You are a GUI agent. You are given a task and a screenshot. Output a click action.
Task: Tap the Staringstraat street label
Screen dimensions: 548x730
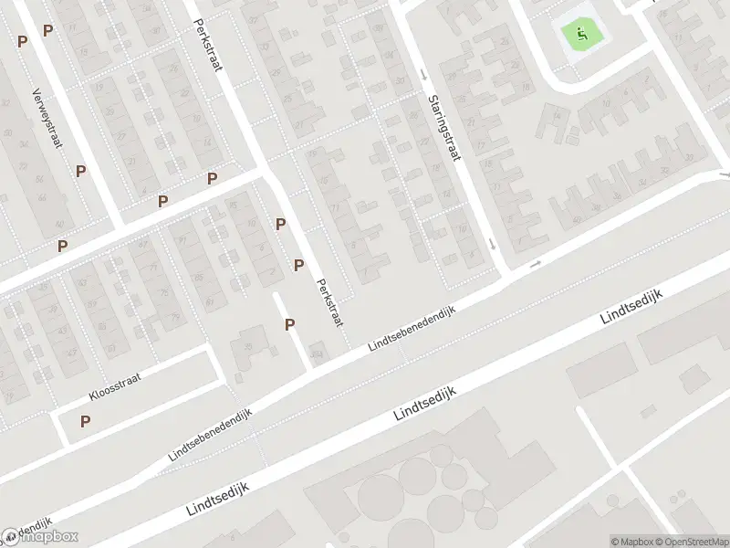point(443,128)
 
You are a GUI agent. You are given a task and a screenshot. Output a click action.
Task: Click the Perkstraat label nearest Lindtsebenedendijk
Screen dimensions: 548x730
point(329,302)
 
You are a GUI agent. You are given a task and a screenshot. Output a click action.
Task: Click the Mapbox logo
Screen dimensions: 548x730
point(40,537)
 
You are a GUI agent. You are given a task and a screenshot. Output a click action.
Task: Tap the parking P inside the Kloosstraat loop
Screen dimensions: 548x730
point(86,421)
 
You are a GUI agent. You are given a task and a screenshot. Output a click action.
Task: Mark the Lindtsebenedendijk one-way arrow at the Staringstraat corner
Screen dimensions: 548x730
point(536,264)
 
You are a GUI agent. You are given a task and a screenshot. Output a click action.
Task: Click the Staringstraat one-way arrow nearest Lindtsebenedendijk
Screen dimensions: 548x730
point(492,243)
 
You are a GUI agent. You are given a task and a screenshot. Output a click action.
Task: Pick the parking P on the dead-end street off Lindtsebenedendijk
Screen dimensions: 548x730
point(290,324)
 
